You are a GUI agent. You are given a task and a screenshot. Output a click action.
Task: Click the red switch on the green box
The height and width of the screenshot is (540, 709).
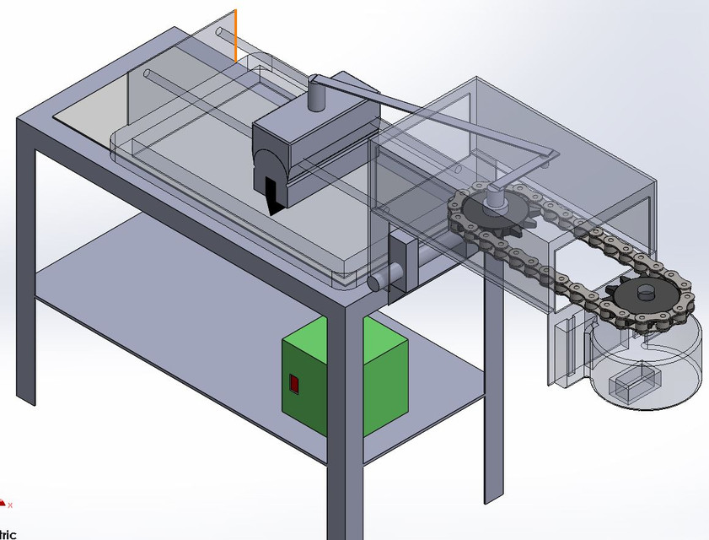pos(293,384)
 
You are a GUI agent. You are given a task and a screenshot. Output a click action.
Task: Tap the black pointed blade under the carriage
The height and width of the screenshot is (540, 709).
pos(272,195)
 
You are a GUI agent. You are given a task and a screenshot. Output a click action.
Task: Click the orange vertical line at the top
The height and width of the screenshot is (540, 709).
pos(235,35)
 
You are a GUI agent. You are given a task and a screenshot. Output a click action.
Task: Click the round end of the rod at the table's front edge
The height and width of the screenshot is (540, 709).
pos(377,279)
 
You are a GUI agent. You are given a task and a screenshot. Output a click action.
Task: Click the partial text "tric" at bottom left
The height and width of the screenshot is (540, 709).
pos(8,533)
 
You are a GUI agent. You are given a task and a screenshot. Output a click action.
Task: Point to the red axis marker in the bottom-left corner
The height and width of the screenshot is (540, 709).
pos(4,505)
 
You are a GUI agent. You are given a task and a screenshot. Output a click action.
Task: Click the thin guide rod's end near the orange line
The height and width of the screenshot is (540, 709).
pos(220,33)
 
